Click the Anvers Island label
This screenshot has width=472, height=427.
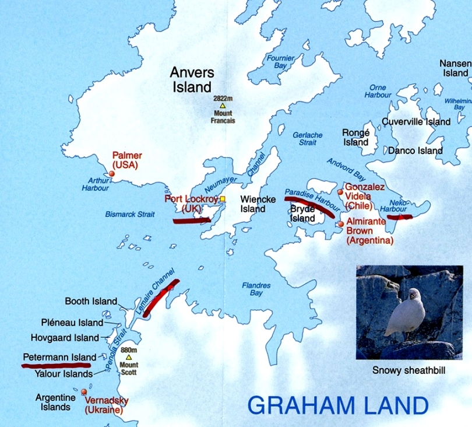coord(192,80)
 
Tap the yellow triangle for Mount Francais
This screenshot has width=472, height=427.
coord(223,106)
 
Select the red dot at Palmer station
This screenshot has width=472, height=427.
coord(112,173)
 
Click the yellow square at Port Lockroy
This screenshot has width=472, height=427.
coord(222,199)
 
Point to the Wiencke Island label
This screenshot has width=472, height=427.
coord(253,204)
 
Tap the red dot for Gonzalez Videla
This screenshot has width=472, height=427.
coord(340,192)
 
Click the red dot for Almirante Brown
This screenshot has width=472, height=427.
coord(341,224)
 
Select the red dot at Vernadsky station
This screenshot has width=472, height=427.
coord(84,392)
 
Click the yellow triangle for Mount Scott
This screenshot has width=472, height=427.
coord(129,357)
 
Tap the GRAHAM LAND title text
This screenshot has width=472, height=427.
coord(337,405)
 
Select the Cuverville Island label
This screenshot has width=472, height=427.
coord(416,121)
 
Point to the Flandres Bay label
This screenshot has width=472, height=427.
coord(256,289)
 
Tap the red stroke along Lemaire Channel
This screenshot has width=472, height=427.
coord(161,297)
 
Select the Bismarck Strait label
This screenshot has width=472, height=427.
coord(130,214)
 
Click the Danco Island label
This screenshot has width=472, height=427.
coord(415,150)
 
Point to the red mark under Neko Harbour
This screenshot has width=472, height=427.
coord(400,217)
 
